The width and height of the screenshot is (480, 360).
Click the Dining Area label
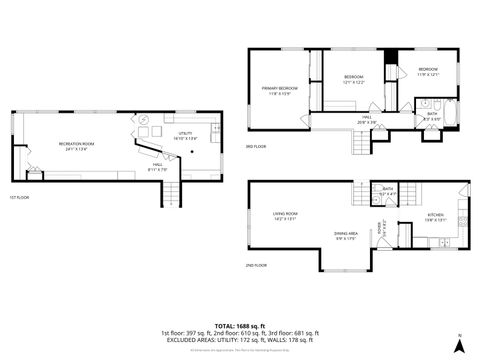[x=346, y=236]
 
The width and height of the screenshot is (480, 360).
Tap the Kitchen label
[x=436, y=218]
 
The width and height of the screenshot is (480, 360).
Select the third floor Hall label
[x=367, y=119]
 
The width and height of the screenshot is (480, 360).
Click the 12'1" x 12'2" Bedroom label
[x=353, y=79]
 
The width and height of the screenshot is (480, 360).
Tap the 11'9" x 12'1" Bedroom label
[x=427, y=71]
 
